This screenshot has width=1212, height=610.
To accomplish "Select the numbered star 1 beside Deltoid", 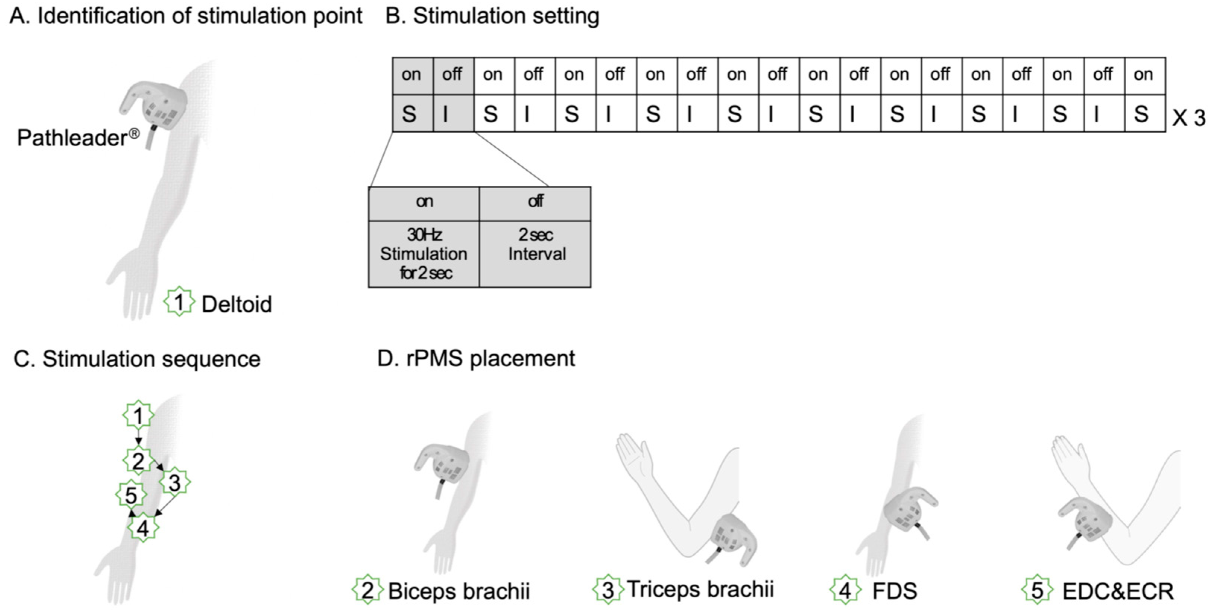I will coord(179,302).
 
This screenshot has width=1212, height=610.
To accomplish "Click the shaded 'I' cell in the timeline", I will coord(452,113).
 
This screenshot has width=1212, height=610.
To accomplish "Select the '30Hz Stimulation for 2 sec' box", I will coord(424,254).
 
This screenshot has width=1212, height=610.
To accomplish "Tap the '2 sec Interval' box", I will coord(535,254).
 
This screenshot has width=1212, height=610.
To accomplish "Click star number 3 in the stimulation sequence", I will coord(175,482).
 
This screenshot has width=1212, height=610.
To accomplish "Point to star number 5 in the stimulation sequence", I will coord(131,495).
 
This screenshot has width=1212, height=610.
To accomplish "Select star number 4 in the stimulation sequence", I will coord(143,528).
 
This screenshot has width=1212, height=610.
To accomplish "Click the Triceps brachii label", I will coord(700,589).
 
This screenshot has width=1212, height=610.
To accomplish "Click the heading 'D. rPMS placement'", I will coord(476,358).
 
